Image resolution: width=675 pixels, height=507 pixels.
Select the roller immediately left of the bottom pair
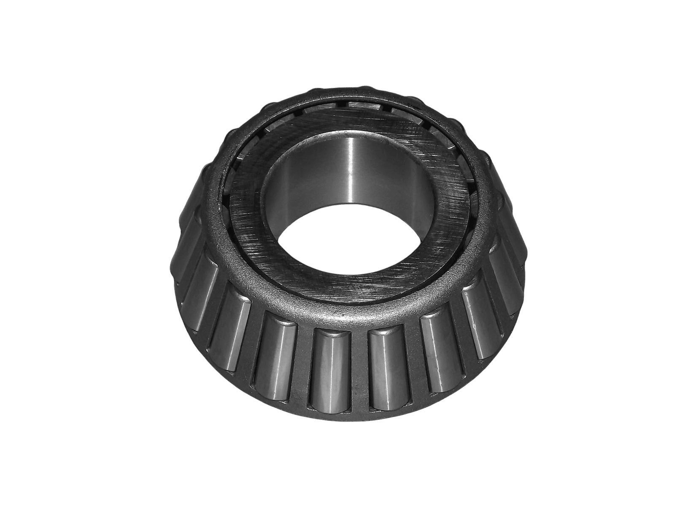[x=276, y=357]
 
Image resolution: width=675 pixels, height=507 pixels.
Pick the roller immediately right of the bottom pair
[x=437, y=355]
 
